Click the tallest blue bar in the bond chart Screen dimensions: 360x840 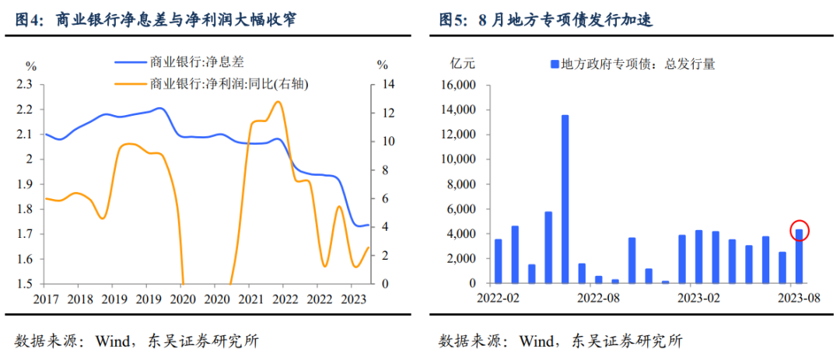pyautogui.click(x=565, y=199)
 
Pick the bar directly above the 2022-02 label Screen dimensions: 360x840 pyautogui.click(x=498, y=261)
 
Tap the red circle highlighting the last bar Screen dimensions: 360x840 pyautogui.click(x=800, y=231)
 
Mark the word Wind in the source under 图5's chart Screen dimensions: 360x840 pyautogui.click(x=537, y=341)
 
